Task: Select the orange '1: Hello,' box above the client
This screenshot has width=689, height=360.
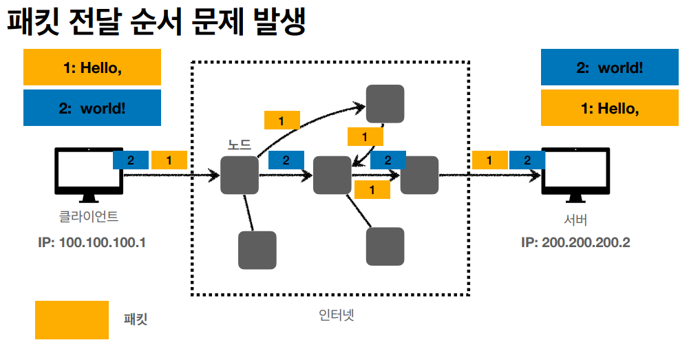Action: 92,67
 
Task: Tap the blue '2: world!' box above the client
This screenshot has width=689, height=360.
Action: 92,108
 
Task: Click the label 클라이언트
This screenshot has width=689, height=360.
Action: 88,217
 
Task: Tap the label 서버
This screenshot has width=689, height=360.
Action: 575,221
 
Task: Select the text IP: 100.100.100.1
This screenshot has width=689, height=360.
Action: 92,243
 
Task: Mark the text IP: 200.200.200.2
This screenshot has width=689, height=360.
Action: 575,243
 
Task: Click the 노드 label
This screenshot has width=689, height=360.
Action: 240,145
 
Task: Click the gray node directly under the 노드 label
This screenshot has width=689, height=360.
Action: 239,175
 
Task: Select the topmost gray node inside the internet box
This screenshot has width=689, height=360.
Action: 385,103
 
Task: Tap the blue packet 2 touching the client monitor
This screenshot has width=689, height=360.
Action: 131,160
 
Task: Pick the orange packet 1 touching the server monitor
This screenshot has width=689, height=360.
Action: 490,160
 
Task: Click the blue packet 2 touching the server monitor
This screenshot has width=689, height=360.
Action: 527,160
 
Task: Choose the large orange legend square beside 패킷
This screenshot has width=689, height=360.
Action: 72,320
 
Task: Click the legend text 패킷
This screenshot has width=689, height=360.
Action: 136,320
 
